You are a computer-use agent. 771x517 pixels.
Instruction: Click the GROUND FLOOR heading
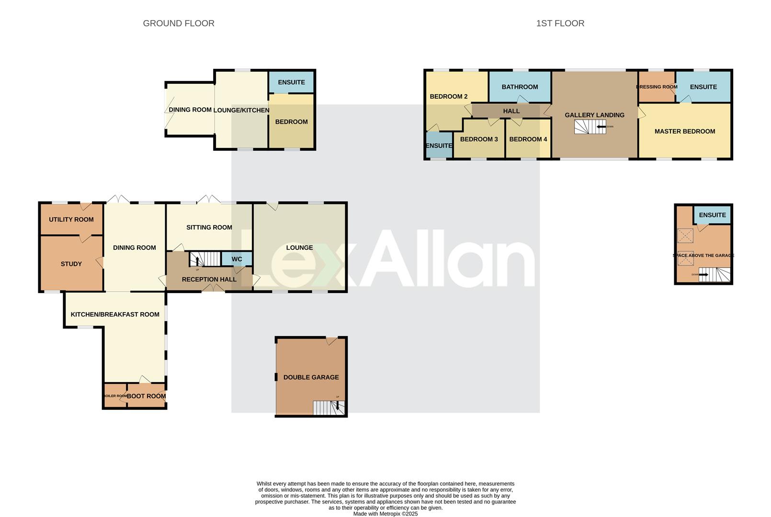pos(179,23)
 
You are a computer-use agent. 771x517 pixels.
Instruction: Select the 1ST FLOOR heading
pos(560,23)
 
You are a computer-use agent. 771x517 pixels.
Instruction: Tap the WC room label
pos(237,259)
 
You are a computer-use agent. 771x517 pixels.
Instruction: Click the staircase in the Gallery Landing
pos(590,127)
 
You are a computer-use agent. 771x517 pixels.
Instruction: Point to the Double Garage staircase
pos(329,407)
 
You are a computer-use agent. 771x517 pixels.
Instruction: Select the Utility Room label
pos(71,219)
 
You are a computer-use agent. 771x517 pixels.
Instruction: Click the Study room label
pos(71,264)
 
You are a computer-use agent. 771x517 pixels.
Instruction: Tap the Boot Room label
pos(147,396)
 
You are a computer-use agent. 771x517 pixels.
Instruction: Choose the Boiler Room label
pos(115,396)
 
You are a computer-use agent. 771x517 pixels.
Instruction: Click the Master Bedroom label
pos(684,131)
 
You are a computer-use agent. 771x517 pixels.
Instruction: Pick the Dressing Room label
pos(657,87)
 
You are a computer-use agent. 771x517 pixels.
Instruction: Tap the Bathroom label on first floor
pos(520,87)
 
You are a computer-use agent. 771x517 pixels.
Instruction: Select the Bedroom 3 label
pos(479,139)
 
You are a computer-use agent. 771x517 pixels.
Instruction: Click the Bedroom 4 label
pos(528,139)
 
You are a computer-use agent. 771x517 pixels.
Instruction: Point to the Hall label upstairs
pos(511,111)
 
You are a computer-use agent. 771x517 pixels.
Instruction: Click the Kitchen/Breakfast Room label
pos(115,315)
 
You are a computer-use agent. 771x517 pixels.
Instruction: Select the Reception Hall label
pos(209,279)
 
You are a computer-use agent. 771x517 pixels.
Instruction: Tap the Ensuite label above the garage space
pos(712,215)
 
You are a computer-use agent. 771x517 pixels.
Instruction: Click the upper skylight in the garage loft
pos(685,236)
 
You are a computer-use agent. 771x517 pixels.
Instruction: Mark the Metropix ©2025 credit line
pos(385,514)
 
